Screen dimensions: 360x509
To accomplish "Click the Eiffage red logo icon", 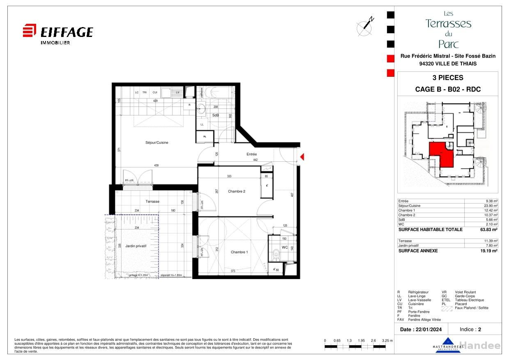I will point(30,30).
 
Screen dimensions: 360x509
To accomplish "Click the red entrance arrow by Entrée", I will point(303,157).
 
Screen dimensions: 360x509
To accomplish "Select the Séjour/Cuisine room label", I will point(157,142).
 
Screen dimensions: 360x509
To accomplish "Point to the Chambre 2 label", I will point(236,191).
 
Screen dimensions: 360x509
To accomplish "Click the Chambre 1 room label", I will point(239,252).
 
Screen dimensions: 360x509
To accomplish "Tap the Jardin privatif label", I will point(136,245).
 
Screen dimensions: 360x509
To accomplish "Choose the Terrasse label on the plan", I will point(152,202).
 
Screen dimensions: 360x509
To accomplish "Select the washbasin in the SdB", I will point(202,109).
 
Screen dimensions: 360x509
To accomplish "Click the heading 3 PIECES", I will point(448,78).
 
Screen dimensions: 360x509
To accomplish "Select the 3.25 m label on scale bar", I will point(387,341).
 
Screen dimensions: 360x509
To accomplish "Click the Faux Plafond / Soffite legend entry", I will point(471,308).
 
